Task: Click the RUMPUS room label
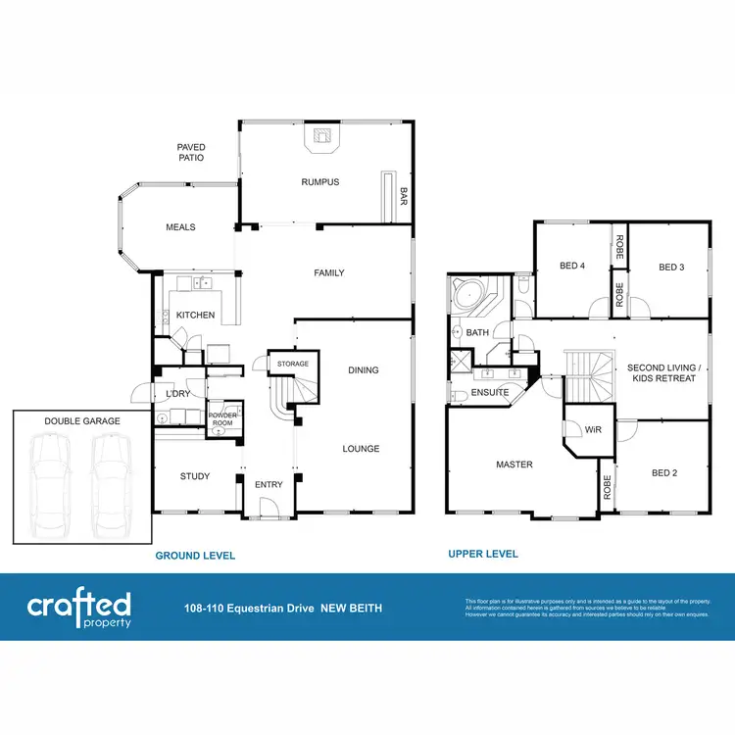320,181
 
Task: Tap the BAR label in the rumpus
403,197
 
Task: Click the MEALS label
180,227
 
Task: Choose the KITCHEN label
195,316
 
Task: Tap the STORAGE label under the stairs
292,364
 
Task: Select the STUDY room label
195,477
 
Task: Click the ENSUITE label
490,392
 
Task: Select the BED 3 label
670,267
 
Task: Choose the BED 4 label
571,267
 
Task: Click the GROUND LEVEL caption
195,556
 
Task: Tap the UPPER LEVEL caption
483,554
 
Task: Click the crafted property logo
78,608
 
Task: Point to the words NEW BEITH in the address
352,609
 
